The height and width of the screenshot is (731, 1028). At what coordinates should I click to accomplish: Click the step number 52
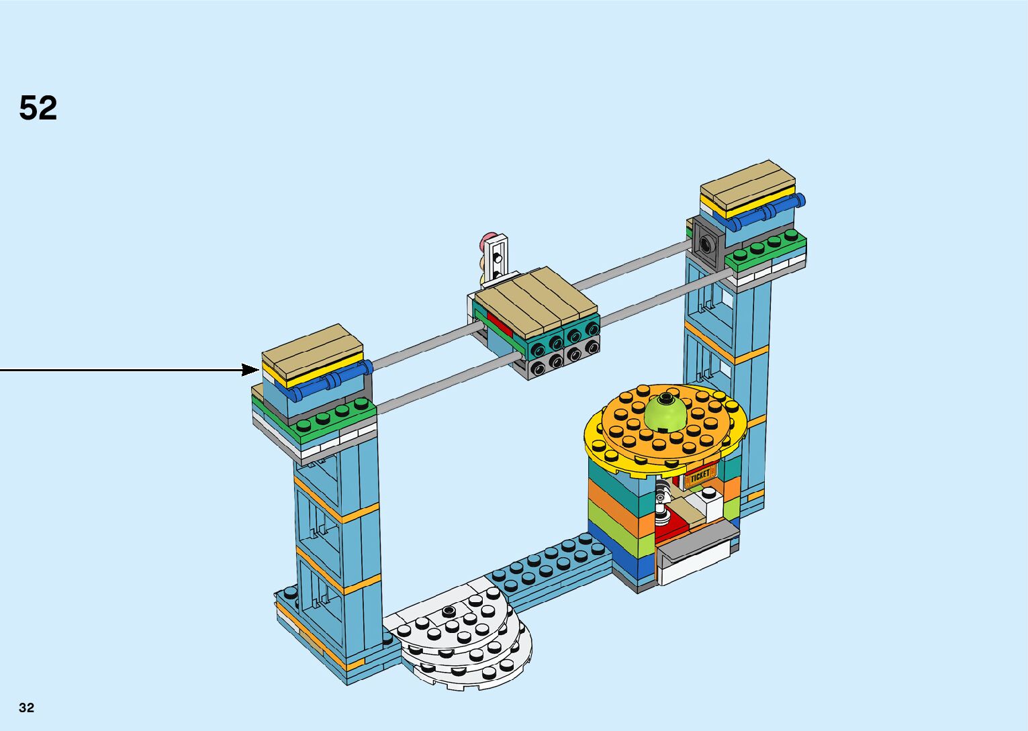point(38,108)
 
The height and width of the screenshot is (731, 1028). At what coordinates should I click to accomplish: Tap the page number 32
point(27,708)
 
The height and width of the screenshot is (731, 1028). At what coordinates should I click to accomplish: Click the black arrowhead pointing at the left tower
point(251,370)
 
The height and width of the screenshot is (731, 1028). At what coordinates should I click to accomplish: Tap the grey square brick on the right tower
point(706,242)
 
